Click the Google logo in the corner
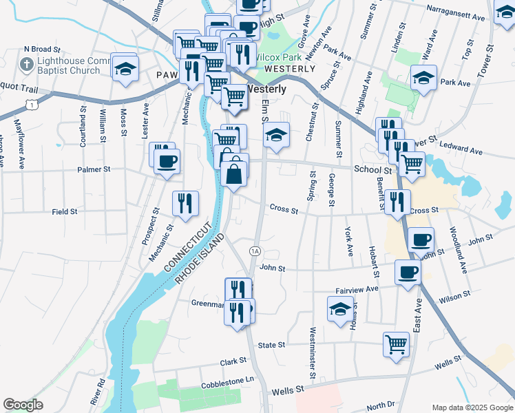pos(23,405)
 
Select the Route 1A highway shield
pos(255,251)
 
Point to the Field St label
pos(64,212)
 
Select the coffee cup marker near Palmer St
pos(166,162)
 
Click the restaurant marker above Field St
pos(185,203)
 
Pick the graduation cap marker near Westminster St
pos(340,309)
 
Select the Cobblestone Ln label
pos(227,379)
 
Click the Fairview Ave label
pos(357,290)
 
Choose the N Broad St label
pos(43,50)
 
